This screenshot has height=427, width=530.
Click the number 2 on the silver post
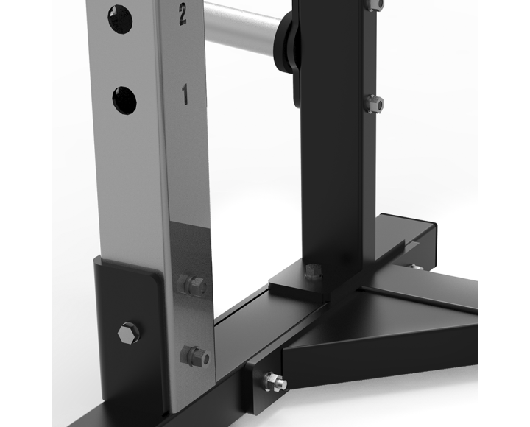coord(182,14)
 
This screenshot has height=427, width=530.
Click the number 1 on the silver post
coord(185,93)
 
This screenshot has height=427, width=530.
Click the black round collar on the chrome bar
coord(290,40)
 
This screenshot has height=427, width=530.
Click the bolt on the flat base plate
coord(312,269)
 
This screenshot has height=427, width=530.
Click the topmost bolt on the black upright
coord(376,4)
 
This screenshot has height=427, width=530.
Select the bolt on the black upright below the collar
coord(375,104)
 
